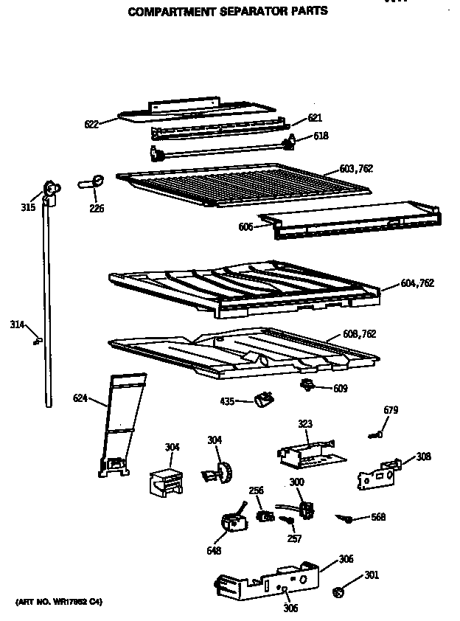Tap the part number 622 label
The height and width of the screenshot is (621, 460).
91,125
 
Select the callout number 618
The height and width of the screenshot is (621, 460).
321,136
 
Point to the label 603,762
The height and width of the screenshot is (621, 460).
356,169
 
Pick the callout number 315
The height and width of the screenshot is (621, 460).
27,207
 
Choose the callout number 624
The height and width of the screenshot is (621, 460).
80,399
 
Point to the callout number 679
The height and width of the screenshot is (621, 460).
391,409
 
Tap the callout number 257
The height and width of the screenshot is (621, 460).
294,538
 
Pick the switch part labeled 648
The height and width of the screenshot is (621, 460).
232,523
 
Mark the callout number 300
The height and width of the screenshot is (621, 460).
296,482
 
